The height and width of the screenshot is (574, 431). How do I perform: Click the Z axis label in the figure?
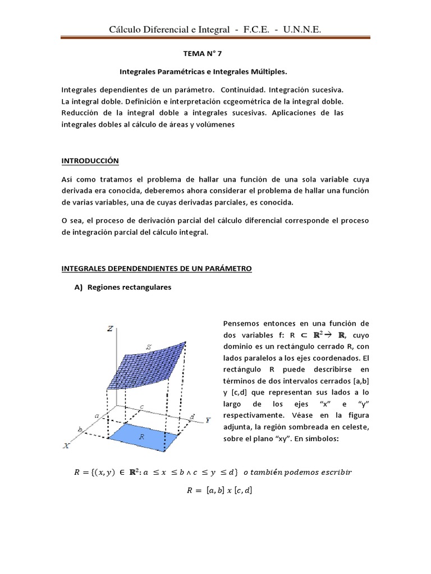(x=110, y=330)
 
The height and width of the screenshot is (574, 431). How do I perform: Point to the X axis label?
(x=67, y=445)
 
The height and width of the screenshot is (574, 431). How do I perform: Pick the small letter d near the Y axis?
(x=192, y=416)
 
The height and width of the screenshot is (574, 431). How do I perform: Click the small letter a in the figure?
(x=97, y=415)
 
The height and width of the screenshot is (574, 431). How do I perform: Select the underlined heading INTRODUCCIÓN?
(x=90, y=160)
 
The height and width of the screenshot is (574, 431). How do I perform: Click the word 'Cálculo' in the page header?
(x=127, y=29)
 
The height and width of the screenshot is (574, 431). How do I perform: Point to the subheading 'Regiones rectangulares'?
(x=130, y=287)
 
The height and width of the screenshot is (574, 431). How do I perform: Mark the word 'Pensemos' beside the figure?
(x=241, y=323)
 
